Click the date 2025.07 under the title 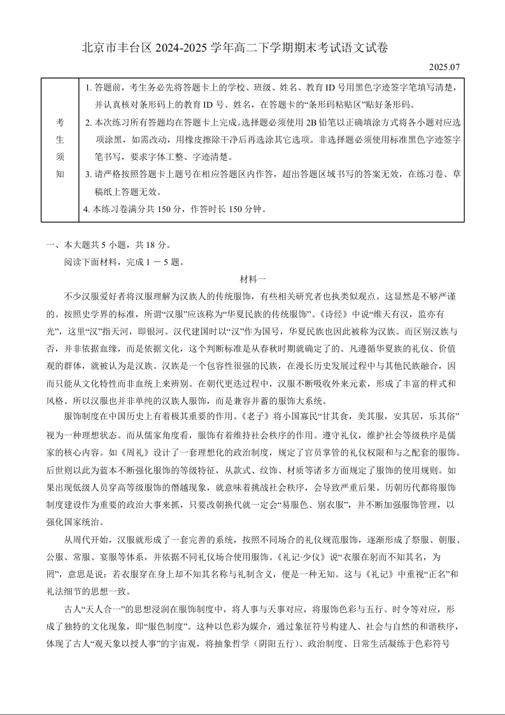443,67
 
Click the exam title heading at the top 235,48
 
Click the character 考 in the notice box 59,122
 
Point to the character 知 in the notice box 59,173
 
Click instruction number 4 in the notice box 87,208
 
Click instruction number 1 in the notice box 88,87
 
